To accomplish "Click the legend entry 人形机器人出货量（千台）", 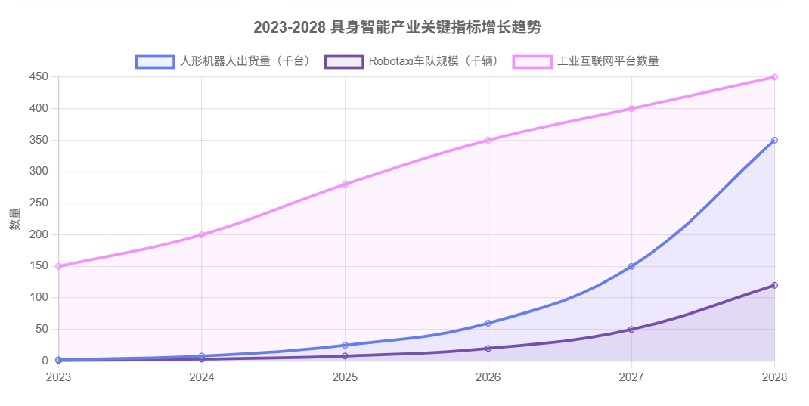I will tap(223, 61).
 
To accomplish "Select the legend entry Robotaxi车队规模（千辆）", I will tap(412, 61).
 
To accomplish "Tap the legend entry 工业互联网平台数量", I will tap(586, 61).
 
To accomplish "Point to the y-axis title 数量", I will tap(15, 219).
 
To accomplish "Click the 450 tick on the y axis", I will tap(39, 77).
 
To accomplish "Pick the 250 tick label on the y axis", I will tap(39, 203).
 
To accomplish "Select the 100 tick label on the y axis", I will tap(39, 298).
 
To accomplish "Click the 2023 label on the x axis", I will tap(58, 377).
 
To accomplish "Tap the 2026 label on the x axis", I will tap(488, 377).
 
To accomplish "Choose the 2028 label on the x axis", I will tap(774, 377).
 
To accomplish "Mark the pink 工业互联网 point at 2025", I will tap(345, 184).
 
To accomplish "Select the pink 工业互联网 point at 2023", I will tap(58, 266).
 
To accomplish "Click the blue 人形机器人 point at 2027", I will tap(631, 266).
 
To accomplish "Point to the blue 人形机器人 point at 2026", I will tap(488, 323).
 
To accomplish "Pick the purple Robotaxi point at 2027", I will tap(631, 330).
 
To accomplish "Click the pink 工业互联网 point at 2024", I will tap(202, 234).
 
